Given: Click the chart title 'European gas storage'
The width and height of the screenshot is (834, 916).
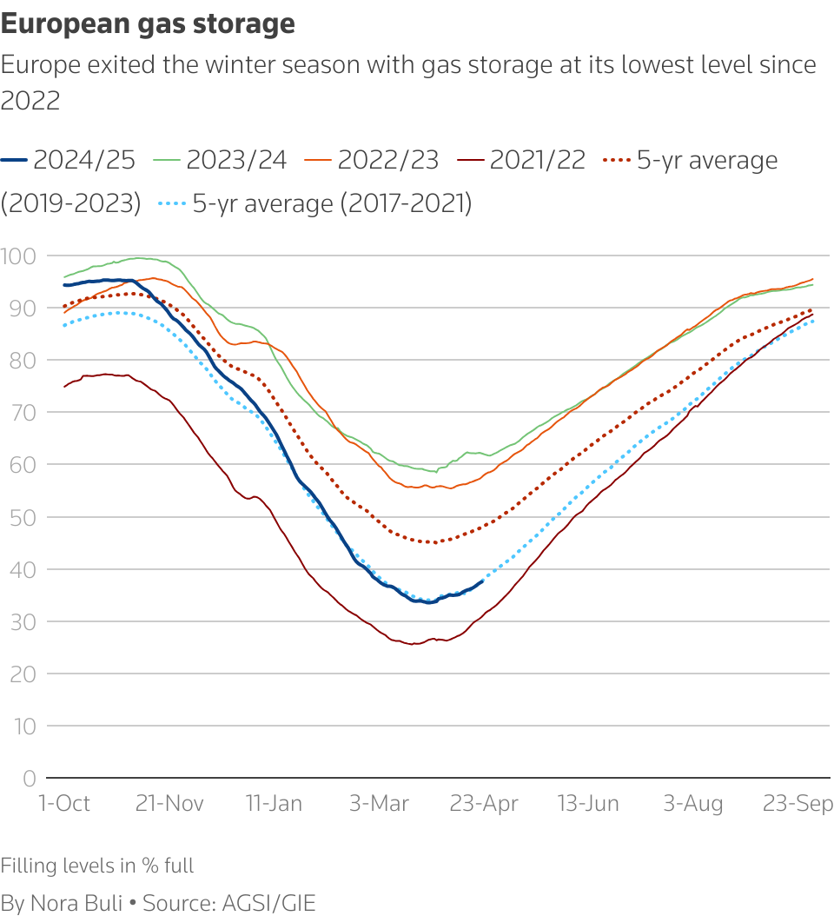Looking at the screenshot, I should pyautogui.click(x=148, y=24).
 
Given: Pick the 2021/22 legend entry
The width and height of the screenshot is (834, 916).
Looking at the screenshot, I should pyautogui.click(x=522, y=160).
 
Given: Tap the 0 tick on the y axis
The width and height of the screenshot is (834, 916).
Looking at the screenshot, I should pyautogui.click(x=29, y=778).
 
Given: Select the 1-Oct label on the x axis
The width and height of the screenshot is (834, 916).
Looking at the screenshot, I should pyautogui.click(x=65, y=803).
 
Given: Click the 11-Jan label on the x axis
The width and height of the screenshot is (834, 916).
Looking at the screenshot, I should pyautogui.click(x=274, y=803).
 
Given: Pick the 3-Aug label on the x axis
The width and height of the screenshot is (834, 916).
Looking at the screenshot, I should pyautogui.click(x=693, y=803).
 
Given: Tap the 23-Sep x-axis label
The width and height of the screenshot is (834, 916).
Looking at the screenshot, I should pyautogui.click(x=798, y=803).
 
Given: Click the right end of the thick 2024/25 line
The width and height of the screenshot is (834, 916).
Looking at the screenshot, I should pyautogui.click(x=482, y=581).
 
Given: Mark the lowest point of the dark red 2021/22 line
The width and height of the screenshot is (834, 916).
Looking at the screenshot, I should pyautogui.click(x=414, y=644).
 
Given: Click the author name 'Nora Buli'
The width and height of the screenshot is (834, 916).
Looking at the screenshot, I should pyautogui.click(x=76, y=902).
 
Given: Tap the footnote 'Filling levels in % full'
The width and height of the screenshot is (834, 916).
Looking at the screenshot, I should pyautogui.click(x=97, y=866).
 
